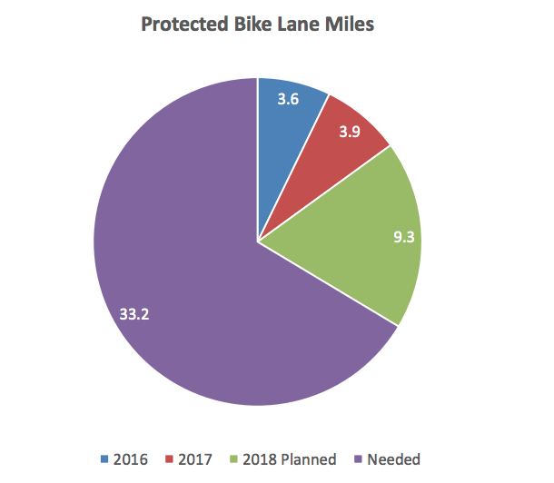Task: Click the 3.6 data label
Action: pos(289,101)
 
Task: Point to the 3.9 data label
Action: pos(349,133)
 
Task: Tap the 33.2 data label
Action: pos(134,314)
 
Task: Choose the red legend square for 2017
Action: pos(168,458)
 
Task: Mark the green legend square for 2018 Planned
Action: pos(234,458)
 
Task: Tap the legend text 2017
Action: pos(194,458)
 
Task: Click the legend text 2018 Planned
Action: pos(289,458)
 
